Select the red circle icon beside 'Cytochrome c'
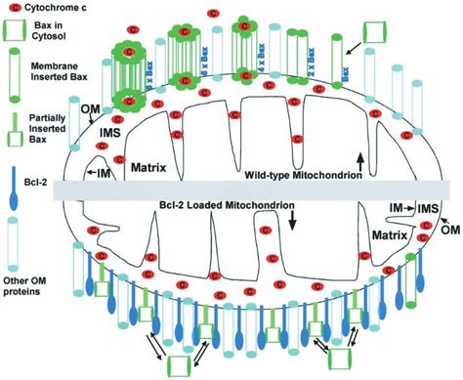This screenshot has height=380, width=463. tap(11, 8)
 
